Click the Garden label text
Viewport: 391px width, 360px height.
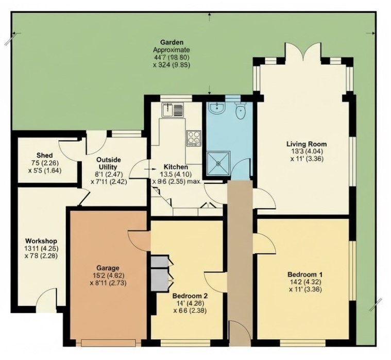click(172, 42)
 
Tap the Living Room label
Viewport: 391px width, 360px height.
click(307, 144)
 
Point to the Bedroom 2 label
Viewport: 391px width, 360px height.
click(190, 296)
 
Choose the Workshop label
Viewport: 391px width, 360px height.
click(41, 241)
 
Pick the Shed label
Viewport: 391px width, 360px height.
click(44, 155)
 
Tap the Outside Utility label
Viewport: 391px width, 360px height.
click(109, 163)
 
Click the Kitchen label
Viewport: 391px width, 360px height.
click(176, 167)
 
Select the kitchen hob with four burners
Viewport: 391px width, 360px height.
click(193, 136)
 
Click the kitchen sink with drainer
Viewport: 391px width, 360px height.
click(172, 110)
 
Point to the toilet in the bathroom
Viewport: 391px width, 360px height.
click(240, 111)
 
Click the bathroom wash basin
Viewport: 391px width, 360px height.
click(217, 109)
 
